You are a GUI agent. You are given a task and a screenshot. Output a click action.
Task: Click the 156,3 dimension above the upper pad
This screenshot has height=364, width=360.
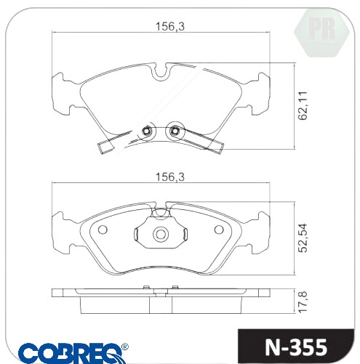(169, 26)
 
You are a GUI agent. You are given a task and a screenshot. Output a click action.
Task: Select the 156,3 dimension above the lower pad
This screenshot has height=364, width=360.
(169, 177)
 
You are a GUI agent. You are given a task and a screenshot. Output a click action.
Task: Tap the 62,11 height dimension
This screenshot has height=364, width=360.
(303, 105)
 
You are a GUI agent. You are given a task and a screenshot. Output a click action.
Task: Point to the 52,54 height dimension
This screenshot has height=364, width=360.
(303, 238)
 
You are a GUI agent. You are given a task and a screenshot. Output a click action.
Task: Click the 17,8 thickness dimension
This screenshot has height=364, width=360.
(303, 302)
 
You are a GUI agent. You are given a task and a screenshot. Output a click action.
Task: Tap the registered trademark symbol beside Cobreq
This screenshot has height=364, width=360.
(125, 347)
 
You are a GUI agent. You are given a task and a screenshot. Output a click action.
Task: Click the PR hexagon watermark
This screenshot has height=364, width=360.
(322, 33)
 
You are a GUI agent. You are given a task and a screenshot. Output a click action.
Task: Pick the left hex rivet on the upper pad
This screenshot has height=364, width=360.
(146, 131)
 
